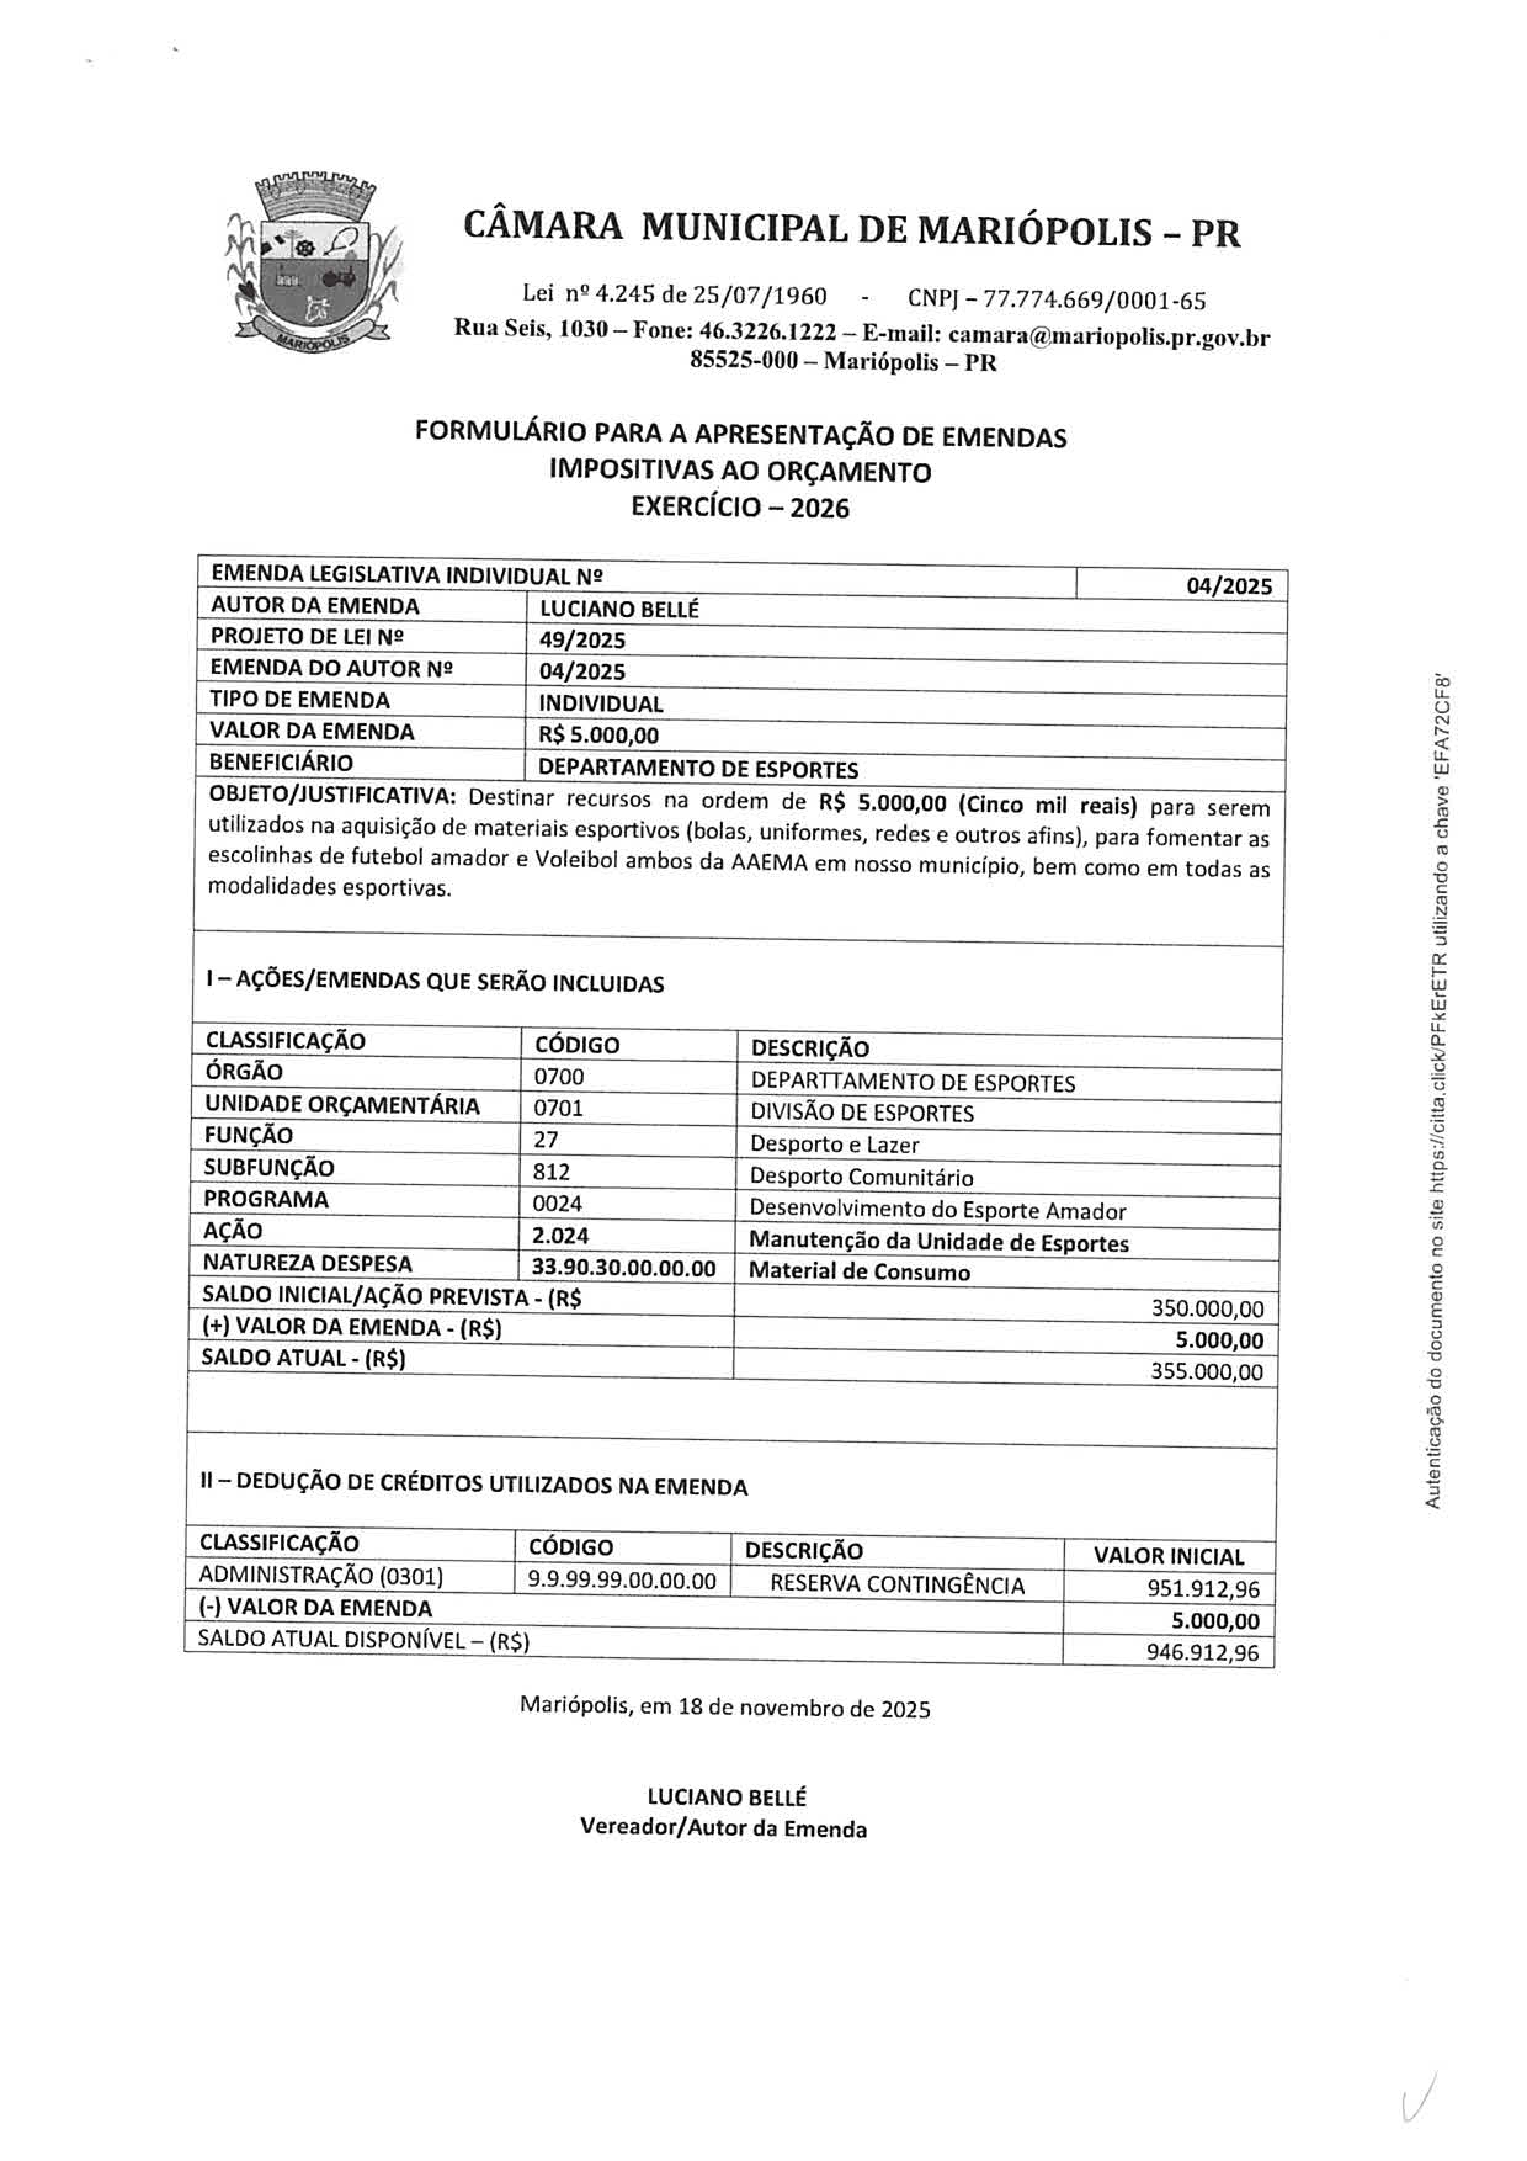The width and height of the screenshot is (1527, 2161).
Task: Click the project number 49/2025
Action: click(x=582, y=640)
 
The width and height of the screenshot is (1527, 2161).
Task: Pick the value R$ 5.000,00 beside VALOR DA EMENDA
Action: click(x=598, y=735)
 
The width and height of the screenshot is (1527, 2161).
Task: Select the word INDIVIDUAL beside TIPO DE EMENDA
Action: click(x=600, y=703)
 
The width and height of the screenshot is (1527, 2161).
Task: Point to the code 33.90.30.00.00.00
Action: click(x=624, y=1268)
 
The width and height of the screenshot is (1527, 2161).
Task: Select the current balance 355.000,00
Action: click(x=1206, y=1371)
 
